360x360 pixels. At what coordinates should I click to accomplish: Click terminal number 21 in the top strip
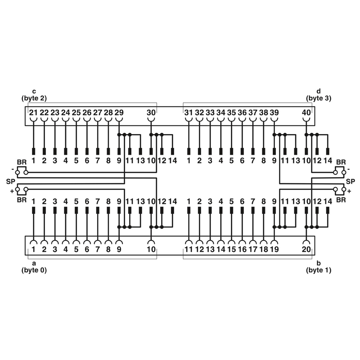[x=33, y=112]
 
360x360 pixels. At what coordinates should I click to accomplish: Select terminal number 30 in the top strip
[x=151, y=112]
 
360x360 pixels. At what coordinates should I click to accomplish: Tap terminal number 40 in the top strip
[x=306, y=112]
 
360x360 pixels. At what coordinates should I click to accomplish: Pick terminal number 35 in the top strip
[x=231, y=112]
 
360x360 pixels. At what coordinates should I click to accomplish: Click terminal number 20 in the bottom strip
[x=306, y=249]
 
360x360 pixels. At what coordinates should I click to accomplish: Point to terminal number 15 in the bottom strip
[x=231, y=249]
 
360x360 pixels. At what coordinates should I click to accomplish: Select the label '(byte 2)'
[x=34, y=99]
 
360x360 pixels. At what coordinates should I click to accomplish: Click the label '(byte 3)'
[x=319, y=99]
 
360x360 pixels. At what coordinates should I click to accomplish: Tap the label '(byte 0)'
[x=34, y=270]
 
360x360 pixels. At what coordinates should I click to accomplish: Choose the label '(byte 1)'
[x=319, y=270]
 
